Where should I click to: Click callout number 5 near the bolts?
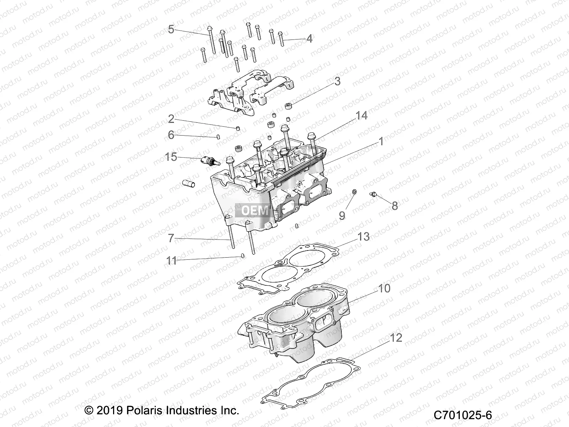point(171,30)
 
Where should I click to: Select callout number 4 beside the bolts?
point(309,39)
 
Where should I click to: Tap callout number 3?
point(337,81)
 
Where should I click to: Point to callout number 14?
point(361,116)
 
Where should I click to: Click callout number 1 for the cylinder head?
point(381,142)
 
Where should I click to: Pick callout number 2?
point(171,118)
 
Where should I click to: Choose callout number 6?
point(171,135)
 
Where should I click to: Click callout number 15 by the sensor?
point(171,157)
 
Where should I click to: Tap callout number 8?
point(394,206)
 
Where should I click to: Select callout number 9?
point(342,215)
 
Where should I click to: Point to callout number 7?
point(171,238)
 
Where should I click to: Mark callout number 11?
point(171,261)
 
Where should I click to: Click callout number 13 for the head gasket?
point(363,237)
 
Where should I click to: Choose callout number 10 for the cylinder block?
point(384,288)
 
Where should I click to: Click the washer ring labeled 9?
point(354,193)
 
